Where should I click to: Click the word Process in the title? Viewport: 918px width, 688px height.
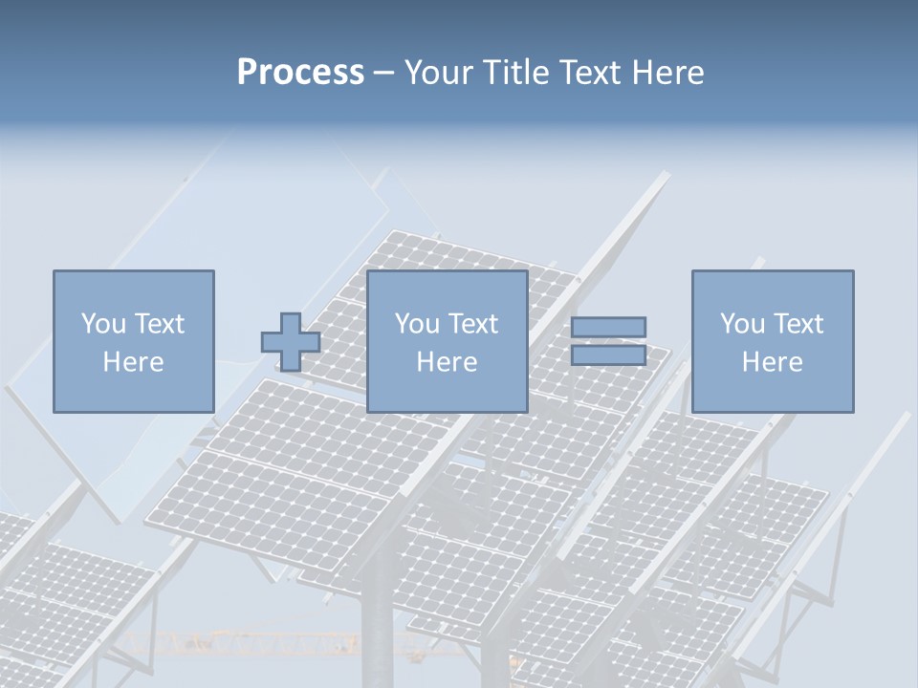300,73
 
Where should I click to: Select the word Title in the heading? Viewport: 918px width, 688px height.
514,73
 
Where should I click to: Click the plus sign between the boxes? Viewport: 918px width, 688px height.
291,342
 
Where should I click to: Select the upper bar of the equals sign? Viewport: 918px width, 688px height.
608,327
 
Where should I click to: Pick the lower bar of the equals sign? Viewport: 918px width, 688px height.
608,355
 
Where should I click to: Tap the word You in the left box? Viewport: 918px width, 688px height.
103,324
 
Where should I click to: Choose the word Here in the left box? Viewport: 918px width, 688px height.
133,362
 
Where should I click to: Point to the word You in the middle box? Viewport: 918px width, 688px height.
417,324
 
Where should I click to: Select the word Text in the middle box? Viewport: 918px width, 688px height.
472,324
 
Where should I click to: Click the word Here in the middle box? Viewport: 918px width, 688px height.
447,362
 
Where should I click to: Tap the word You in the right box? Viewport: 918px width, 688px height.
742,324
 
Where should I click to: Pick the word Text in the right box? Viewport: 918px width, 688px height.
798,324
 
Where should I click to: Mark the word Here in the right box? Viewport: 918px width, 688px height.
772,362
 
